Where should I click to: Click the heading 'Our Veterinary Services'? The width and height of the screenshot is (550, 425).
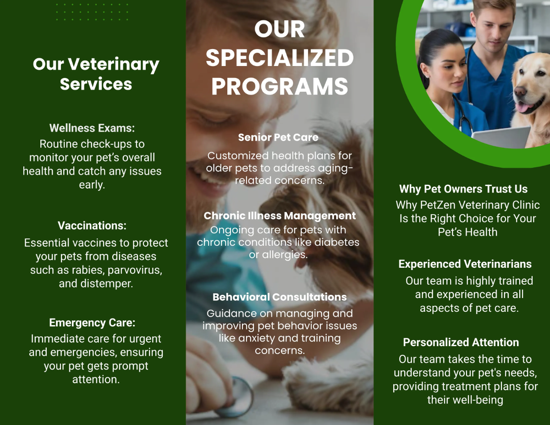click(96, 74)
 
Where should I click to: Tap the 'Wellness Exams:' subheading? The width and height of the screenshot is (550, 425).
click(92, 128)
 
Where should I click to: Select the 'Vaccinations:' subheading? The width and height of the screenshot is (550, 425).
click(92, 226)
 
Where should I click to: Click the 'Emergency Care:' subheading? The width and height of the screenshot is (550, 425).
click(92, 323)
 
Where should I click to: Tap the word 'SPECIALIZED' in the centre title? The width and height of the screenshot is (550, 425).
click(280, 58)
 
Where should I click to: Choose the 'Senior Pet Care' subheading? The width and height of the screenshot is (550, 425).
click(278, 137)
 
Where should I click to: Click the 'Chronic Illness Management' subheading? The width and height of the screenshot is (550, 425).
click(280, 215)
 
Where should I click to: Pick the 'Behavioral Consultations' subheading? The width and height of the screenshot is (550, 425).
click(280, 297)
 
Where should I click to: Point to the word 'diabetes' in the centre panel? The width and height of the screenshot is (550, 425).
click(341, 242)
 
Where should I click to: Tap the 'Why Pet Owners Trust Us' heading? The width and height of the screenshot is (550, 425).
click(463, 189)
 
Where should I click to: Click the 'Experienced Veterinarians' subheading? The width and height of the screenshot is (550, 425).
click(465, 264)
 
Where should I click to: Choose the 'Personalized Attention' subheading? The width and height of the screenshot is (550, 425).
click(461, 342)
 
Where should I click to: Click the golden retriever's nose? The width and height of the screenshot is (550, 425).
click(521, 91)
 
